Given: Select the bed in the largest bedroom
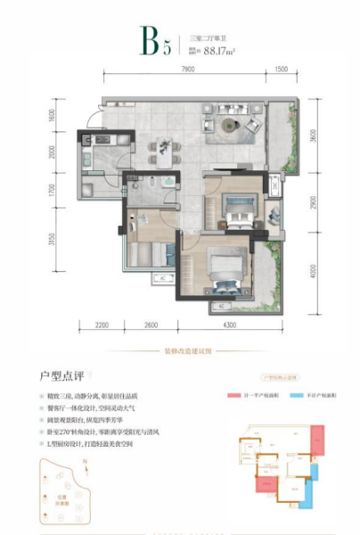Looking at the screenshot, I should tap(220, 266).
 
